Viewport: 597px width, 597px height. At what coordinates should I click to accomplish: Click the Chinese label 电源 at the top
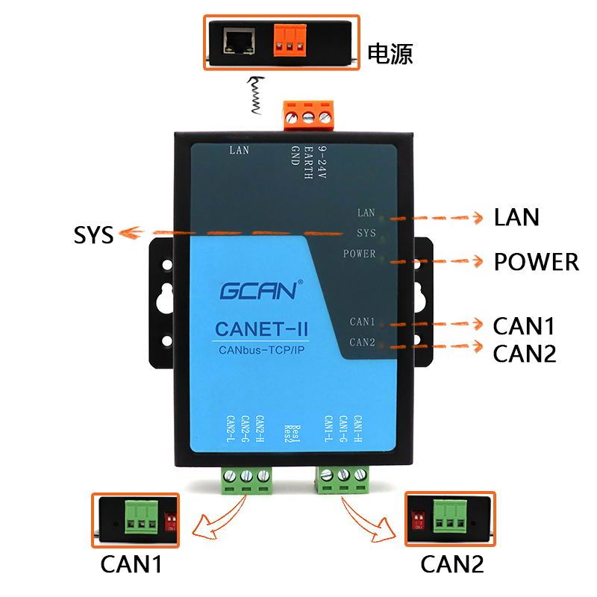tap(390, 54)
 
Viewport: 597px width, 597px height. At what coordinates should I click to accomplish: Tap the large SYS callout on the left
tap(94, 235)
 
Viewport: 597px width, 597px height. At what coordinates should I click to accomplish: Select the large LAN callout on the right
tap(516, 217)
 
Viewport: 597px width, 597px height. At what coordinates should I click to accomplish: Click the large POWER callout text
tap(536, 262)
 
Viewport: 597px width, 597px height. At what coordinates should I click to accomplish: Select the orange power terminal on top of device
tap(307, 116)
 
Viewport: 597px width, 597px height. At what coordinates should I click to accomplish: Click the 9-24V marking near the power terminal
tap(322, 157)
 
